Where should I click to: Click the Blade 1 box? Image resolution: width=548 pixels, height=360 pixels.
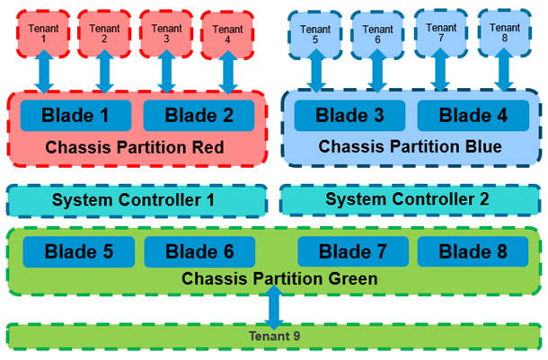76,115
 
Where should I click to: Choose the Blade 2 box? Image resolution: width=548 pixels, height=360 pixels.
198,115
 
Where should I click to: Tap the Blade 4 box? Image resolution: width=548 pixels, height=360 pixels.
473,115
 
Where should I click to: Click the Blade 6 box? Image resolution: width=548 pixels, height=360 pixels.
199,251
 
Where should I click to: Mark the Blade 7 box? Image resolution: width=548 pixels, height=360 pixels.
353,251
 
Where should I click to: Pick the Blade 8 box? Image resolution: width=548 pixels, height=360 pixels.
473,251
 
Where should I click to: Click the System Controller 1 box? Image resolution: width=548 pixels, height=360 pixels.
137,199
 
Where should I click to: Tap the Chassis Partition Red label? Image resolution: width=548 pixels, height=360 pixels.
137,146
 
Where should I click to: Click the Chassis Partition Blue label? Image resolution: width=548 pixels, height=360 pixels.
410,145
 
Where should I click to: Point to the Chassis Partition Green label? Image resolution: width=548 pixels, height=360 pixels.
279,279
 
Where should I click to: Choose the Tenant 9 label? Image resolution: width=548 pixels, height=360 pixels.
275,337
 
